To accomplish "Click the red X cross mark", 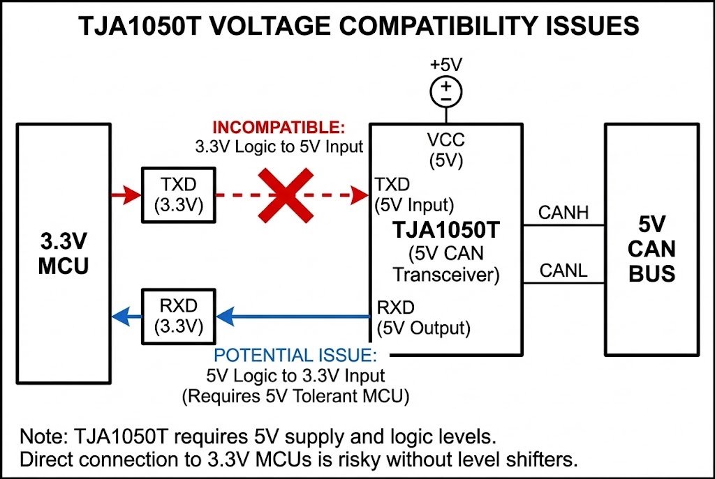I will coord(283,195).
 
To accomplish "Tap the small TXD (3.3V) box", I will coord(178,195).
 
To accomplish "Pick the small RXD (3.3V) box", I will coord(178,317).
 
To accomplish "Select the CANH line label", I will coord(563,212).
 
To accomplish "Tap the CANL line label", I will coord(563,270).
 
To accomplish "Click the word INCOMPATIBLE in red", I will coord(279,129).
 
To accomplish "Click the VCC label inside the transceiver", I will coord(446,139).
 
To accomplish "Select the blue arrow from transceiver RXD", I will coord(293,317).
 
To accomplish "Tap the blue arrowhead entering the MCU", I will coord(120,317).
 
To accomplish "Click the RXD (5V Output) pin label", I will coord(422,317).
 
